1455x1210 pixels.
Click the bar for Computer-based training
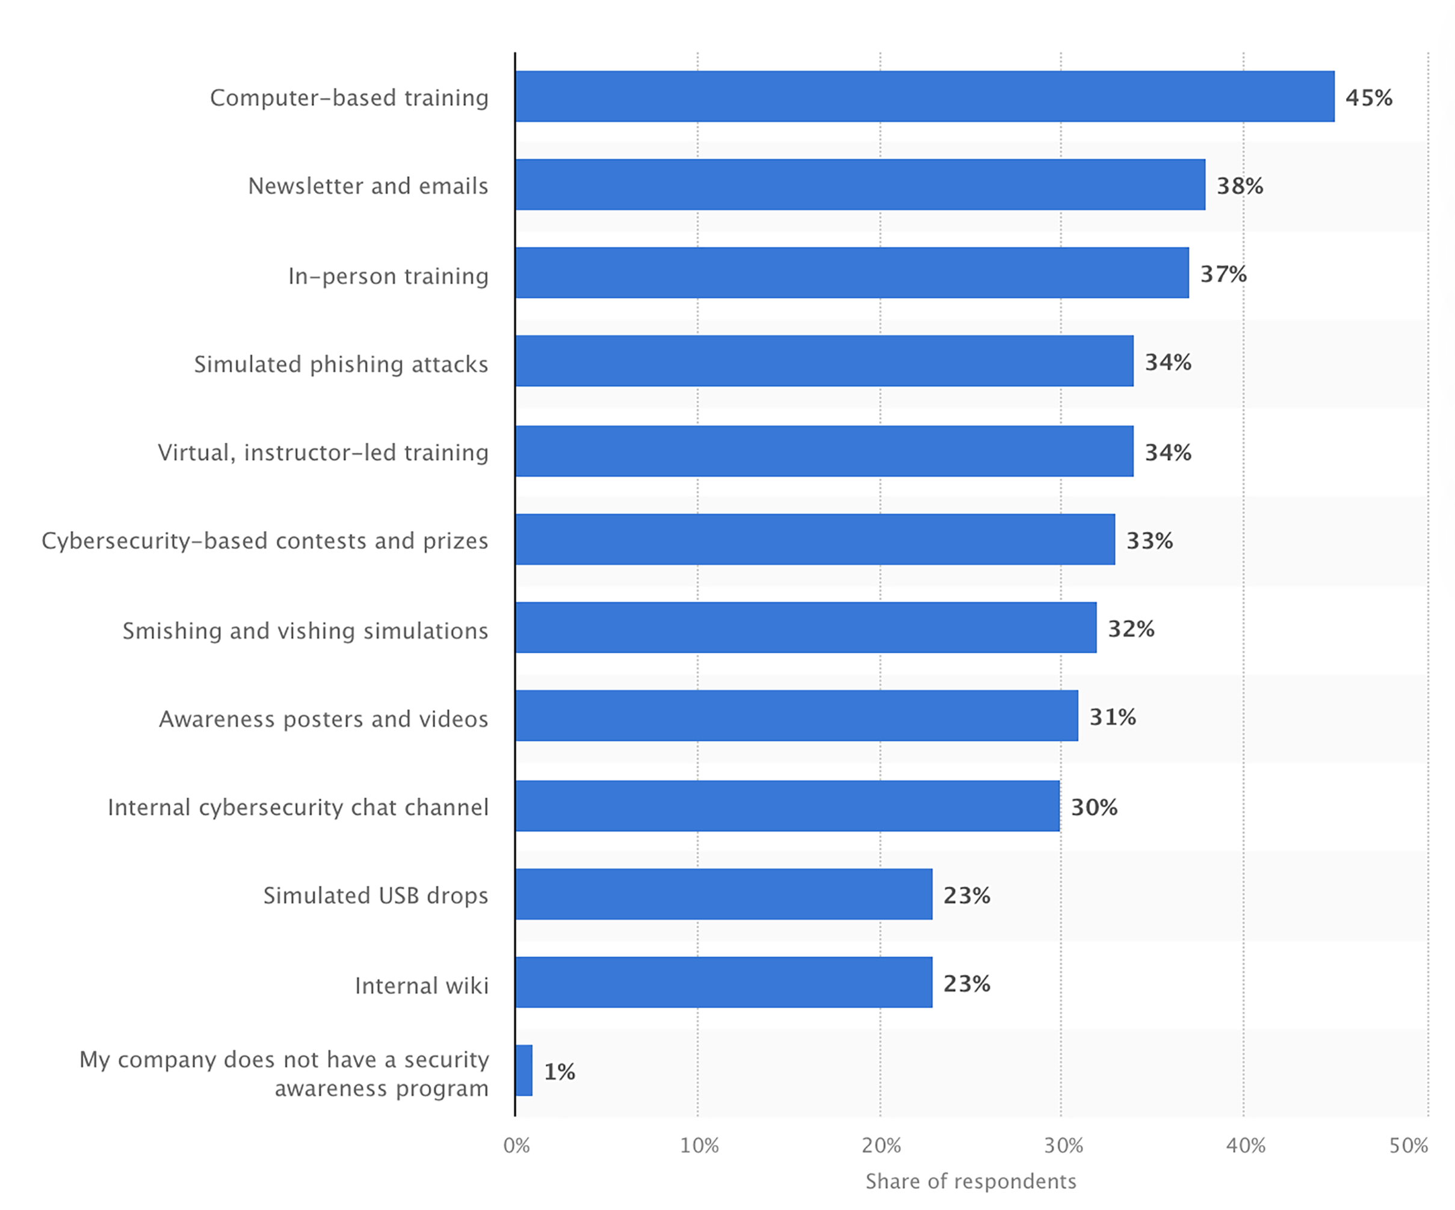tap(924, 96)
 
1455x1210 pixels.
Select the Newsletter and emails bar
tap(860, 184)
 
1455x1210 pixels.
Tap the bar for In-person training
tap(851, 273)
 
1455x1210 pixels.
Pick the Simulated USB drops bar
tap(723, 894)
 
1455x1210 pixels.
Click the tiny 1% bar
tap(524, 1070)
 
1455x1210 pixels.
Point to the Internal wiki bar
tap(723, 982)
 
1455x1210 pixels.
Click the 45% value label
tap(1368, 97)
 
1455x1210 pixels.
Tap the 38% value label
tap(1240, 186)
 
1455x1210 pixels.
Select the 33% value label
tap(1149, 540)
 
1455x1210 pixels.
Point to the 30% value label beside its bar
tap(1094, 807)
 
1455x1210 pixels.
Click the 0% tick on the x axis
tap(516, 1146)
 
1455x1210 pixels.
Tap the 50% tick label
tap(1408, 1146)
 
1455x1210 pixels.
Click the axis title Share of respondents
tap(970, 1181)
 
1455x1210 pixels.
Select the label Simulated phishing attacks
tap(341, 364)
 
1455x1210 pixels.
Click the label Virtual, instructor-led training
tap(323, 452)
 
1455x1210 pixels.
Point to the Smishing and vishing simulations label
tap(305, 630)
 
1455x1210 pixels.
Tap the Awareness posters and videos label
tap(324, 719)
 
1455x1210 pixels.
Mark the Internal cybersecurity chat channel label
tap(298, 807)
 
